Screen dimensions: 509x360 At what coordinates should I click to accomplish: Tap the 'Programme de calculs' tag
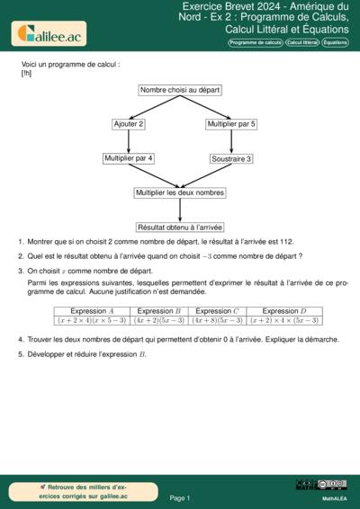pyautogui.click(x=256, y=42)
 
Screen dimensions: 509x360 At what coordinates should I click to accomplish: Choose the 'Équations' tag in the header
pyautogui.click(x=336, y=42)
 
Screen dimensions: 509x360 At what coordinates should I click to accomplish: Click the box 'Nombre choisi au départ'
pyautogui.click(x=180, y=90)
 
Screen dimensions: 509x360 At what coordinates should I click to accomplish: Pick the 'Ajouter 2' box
pyautogui.click(x=129, y=124)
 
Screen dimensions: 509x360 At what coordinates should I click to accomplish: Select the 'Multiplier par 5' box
pyautogui.click(x=231, y=124)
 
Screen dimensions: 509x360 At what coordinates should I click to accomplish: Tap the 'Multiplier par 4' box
pyautogui.click(x=129, y=158)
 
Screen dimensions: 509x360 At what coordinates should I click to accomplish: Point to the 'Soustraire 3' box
pyautogui.click(x=231, y=159)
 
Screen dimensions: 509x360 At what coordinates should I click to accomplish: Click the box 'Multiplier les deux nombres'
pyautogui.click(x=180, y=192)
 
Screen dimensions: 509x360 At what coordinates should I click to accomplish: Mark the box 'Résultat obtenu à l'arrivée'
pyautogui.click(x=180, y=228)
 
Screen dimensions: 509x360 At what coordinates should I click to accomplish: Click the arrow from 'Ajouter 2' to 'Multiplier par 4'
pyautogui.click(x=129, y=141)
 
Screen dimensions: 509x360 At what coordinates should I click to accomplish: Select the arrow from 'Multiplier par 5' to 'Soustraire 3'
pyautogui.click(x=231, y=141)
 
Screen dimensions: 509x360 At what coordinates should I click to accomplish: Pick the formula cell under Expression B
pyautogui.click(x=158, y=319)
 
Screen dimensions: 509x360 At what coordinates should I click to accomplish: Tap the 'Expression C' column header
pyautogui.click(x=217, y=310)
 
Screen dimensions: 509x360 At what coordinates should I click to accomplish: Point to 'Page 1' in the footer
pyautogui.click(x=180, y=497)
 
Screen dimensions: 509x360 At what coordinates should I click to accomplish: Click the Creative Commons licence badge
pyautogui.click(x=333, y=485)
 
